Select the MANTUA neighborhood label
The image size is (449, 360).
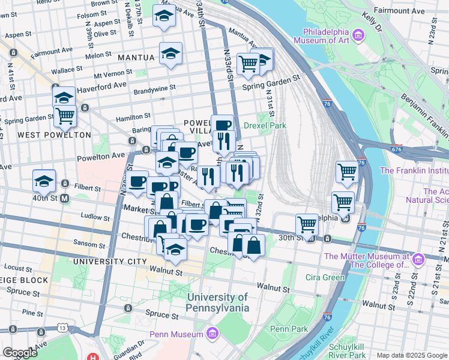[136, 58]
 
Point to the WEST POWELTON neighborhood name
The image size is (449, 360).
[54, 135]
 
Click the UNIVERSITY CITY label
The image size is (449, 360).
[109, 262]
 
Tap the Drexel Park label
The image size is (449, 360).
[265, 125]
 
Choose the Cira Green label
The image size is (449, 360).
[324, 277]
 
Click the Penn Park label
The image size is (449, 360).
[289, 329]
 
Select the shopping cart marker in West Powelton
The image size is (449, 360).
[65, 115]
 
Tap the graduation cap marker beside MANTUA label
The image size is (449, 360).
[171, 55]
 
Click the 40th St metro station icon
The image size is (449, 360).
[65, 198]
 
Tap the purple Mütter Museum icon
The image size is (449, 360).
[418, 260]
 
